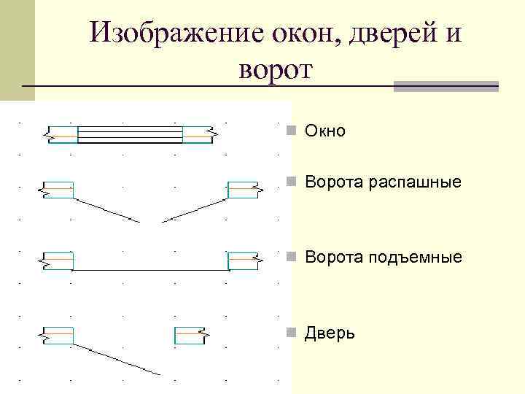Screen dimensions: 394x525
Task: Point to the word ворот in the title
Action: [x=274, y=70]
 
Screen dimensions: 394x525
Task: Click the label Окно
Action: [x=325, y=131]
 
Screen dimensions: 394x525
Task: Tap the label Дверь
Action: [x=330, y=333]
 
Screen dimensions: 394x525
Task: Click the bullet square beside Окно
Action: [x=290, y=131]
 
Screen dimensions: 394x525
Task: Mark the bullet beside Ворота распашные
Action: [x=290, y=182]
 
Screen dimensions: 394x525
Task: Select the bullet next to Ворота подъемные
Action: [x=290, y=258]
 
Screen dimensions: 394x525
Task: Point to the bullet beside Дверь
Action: [x=290, y=333]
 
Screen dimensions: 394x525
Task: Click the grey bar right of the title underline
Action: [x=446, y=86]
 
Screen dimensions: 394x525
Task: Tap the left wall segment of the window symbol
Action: [x=62, y=134]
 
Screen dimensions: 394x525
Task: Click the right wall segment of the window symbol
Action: [x=197, y=134]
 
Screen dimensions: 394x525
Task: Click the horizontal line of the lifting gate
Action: [x=149, y=271]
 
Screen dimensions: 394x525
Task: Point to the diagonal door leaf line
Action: [x=117, y=358]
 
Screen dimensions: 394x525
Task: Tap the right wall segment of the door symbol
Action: [x=190, y=334]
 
